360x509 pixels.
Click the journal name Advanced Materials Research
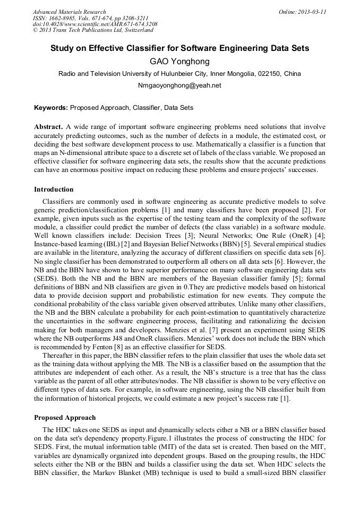click(69, 12)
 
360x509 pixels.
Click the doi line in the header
click(95, 24)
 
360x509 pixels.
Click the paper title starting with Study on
click(179, 48)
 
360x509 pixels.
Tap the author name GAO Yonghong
click(179, 62)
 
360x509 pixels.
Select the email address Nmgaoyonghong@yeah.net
click(179, 85)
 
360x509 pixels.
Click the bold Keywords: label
click(51, 107)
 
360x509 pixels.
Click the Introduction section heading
click(54, 189)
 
